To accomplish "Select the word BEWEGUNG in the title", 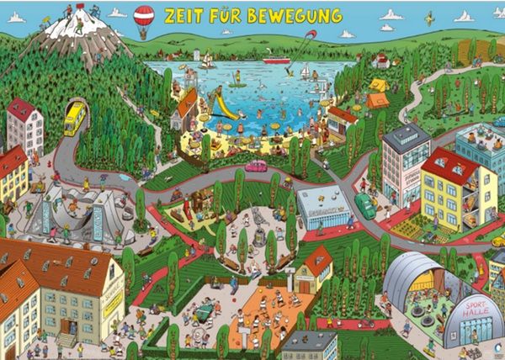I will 290,17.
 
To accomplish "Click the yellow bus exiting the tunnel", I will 76,117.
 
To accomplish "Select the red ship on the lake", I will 275,60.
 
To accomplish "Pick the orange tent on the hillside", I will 378,100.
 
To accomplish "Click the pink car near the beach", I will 256,166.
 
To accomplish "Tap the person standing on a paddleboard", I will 239,80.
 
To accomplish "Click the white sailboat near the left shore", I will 205,60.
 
